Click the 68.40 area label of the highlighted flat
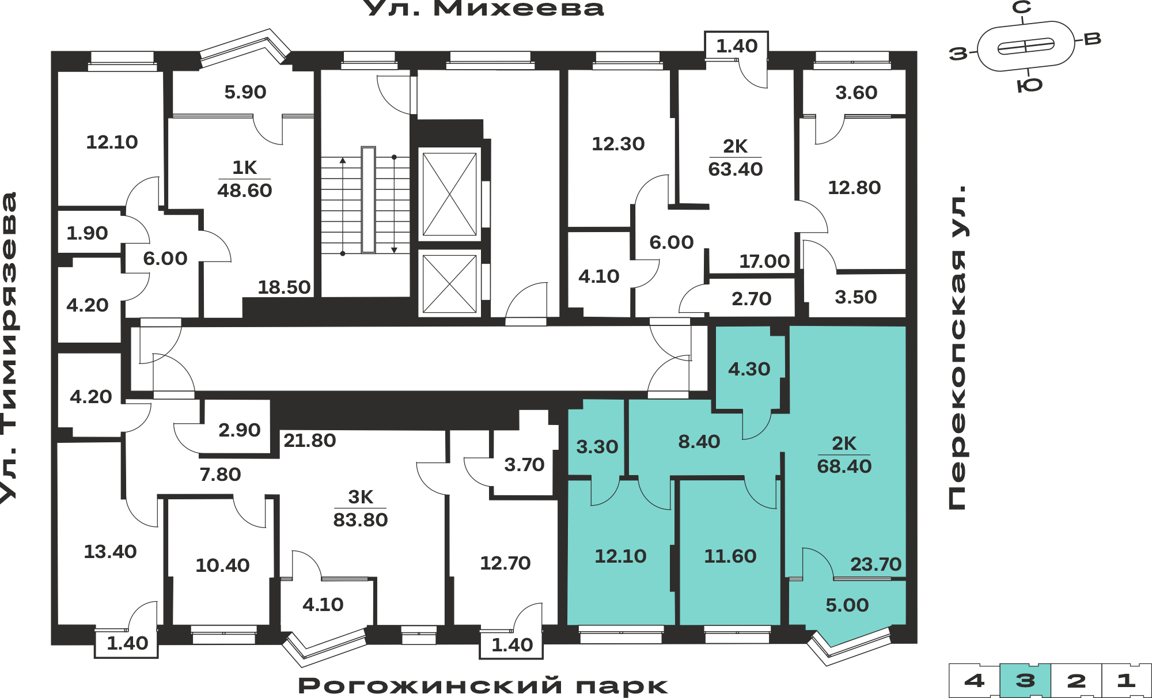(x=844, y=466)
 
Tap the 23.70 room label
(x=876, y=564)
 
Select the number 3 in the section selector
(x=1025, y=681)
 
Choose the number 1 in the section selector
(x=1126, y=681)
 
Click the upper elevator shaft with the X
(x=449, y=194)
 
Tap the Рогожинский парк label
(x=483, y=685)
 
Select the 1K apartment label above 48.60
(x=244, y=168)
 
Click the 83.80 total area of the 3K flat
(x=361, y=519)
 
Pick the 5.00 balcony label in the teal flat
(x=847, y=605)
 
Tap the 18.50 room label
(x=284, y=287)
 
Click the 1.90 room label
(x=87, y=233)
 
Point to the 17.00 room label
(x=764, y=261)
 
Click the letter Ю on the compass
(x=1030, y=85)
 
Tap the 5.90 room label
(x=245, y=92)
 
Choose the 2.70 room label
(x=751, y=298)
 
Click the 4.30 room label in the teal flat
(x=749, y=369)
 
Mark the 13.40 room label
(x=110, y=551)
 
